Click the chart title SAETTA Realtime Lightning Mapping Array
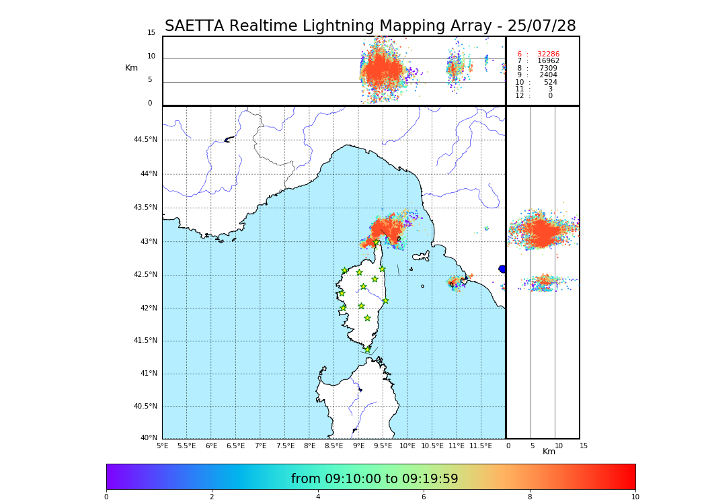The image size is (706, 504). [x=370, y=26]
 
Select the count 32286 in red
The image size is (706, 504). [x=548, y=54]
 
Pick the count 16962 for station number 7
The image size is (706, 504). [x=548, y=61]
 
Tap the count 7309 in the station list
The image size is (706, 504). [x=548, y=69]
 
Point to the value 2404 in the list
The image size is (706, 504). [x=548, y=75]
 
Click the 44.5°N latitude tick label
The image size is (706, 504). [x=145, y=140]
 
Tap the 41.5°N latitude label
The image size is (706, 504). [x=145, y=341]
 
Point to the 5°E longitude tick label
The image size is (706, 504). [x=163, y=446]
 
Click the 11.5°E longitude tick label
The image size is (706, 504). [x=481, y=446]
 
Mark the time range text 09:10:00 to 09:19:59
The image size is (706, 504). [x=375, y=479]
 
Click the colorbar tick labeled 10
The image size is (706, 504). [x=635, y=497]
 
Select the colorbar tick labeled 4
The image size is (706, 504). [x=318, y=497]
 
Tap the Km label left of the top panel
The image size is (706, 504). [x=131, y=68]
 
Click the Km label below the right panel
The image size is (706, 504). [x=549, y=452]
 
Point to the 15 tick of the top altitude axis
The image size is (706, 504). [x=151, y=33]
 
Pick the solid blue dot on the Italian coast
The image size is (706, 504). [x=502, y=269]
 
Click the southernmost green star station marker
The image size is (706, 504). [x=367, y=349]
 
